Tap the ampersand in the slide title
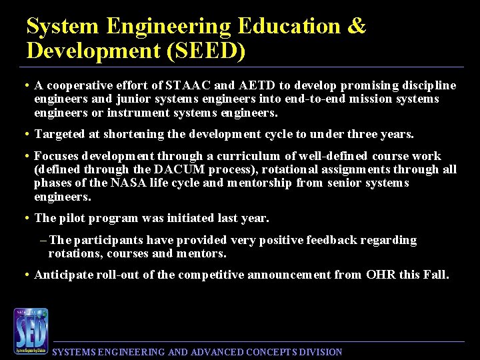point(357,27)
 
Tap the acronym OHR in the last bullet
point(381,274)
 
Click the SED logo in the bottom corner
point(31,331)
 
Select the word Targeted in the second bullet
point(60,134)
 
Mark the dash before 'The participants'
point(43,240)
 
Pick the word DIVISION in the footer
point(323,352)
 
